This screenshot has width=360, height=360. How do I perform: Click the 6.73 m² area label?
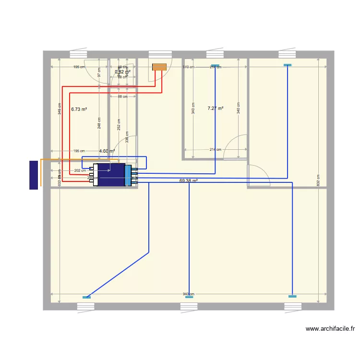79,109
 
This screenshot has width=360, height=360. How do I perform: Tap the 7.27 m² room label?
215,108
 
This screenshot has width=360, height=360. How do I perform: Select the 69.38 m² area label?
188,181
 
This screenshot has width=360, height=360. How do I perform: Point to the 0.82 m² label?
122,72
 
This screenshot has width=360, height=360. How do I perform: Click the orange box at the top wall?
159,67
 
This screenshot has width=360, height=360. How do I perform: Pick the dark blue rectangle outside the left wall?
34,175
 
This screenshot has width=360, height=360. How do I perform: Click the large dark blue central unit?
111,175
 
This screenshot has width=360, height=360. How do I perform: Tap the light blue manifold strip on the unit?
128,175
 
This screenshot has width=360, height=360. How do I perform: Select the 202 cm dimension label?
80,170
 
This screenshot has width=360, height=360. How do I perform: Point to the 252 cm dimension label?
119,124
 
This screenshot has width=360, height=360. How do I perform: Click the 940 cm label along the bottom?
189,294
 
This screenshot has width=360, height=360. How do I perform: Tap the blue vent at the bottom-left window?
86,297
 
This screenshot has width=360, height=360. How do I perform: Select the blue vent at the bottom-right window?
292,296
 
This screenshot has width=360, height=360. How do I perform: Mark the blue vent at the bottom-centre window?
189,297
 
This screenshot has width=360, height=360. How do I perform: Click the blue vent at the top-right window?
288,65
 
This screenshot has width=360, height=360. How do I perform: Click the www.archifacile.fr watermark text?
330,329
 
